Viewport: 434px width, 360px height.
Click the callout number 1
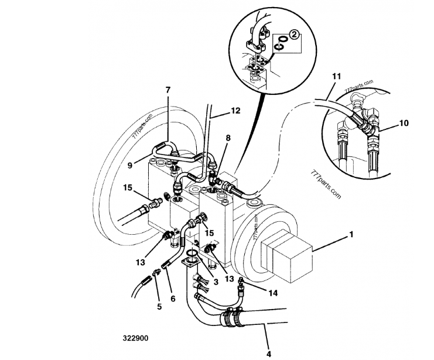point(351,235)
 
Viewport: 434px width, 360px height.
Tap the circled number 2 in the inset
point(294,35)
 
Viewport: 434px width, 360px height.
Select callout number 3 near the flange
point(216,282)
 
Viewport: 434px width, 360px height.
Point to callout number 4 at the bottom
point(268,354)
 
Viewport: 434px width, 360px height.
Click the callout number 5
point(159,307)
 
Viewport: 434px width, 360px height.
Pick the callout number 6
point(173,299)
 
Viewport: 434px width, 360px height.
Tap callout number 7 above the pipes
point(168,90)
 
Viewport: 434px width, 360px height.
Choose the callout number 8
point(228,138)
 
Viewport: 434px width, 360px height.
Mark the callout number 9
point(130,165)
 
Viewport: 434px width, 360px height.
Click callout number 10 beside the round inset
point(404,123)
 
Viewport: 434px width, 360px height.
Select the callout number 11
point(337,76)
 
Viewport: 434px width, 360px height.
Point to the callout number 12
point(235,111)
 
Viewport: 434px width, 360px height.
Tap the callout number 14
point(273,293)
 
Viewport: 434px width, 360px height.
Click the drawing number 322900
point(136,338)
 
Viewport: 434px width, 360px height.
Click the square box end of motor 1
point(286,259)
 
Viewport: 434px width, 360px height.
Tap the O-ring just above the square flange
point(192,253)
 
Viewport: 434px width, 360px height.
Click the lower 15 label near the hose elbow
point(210,233)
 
